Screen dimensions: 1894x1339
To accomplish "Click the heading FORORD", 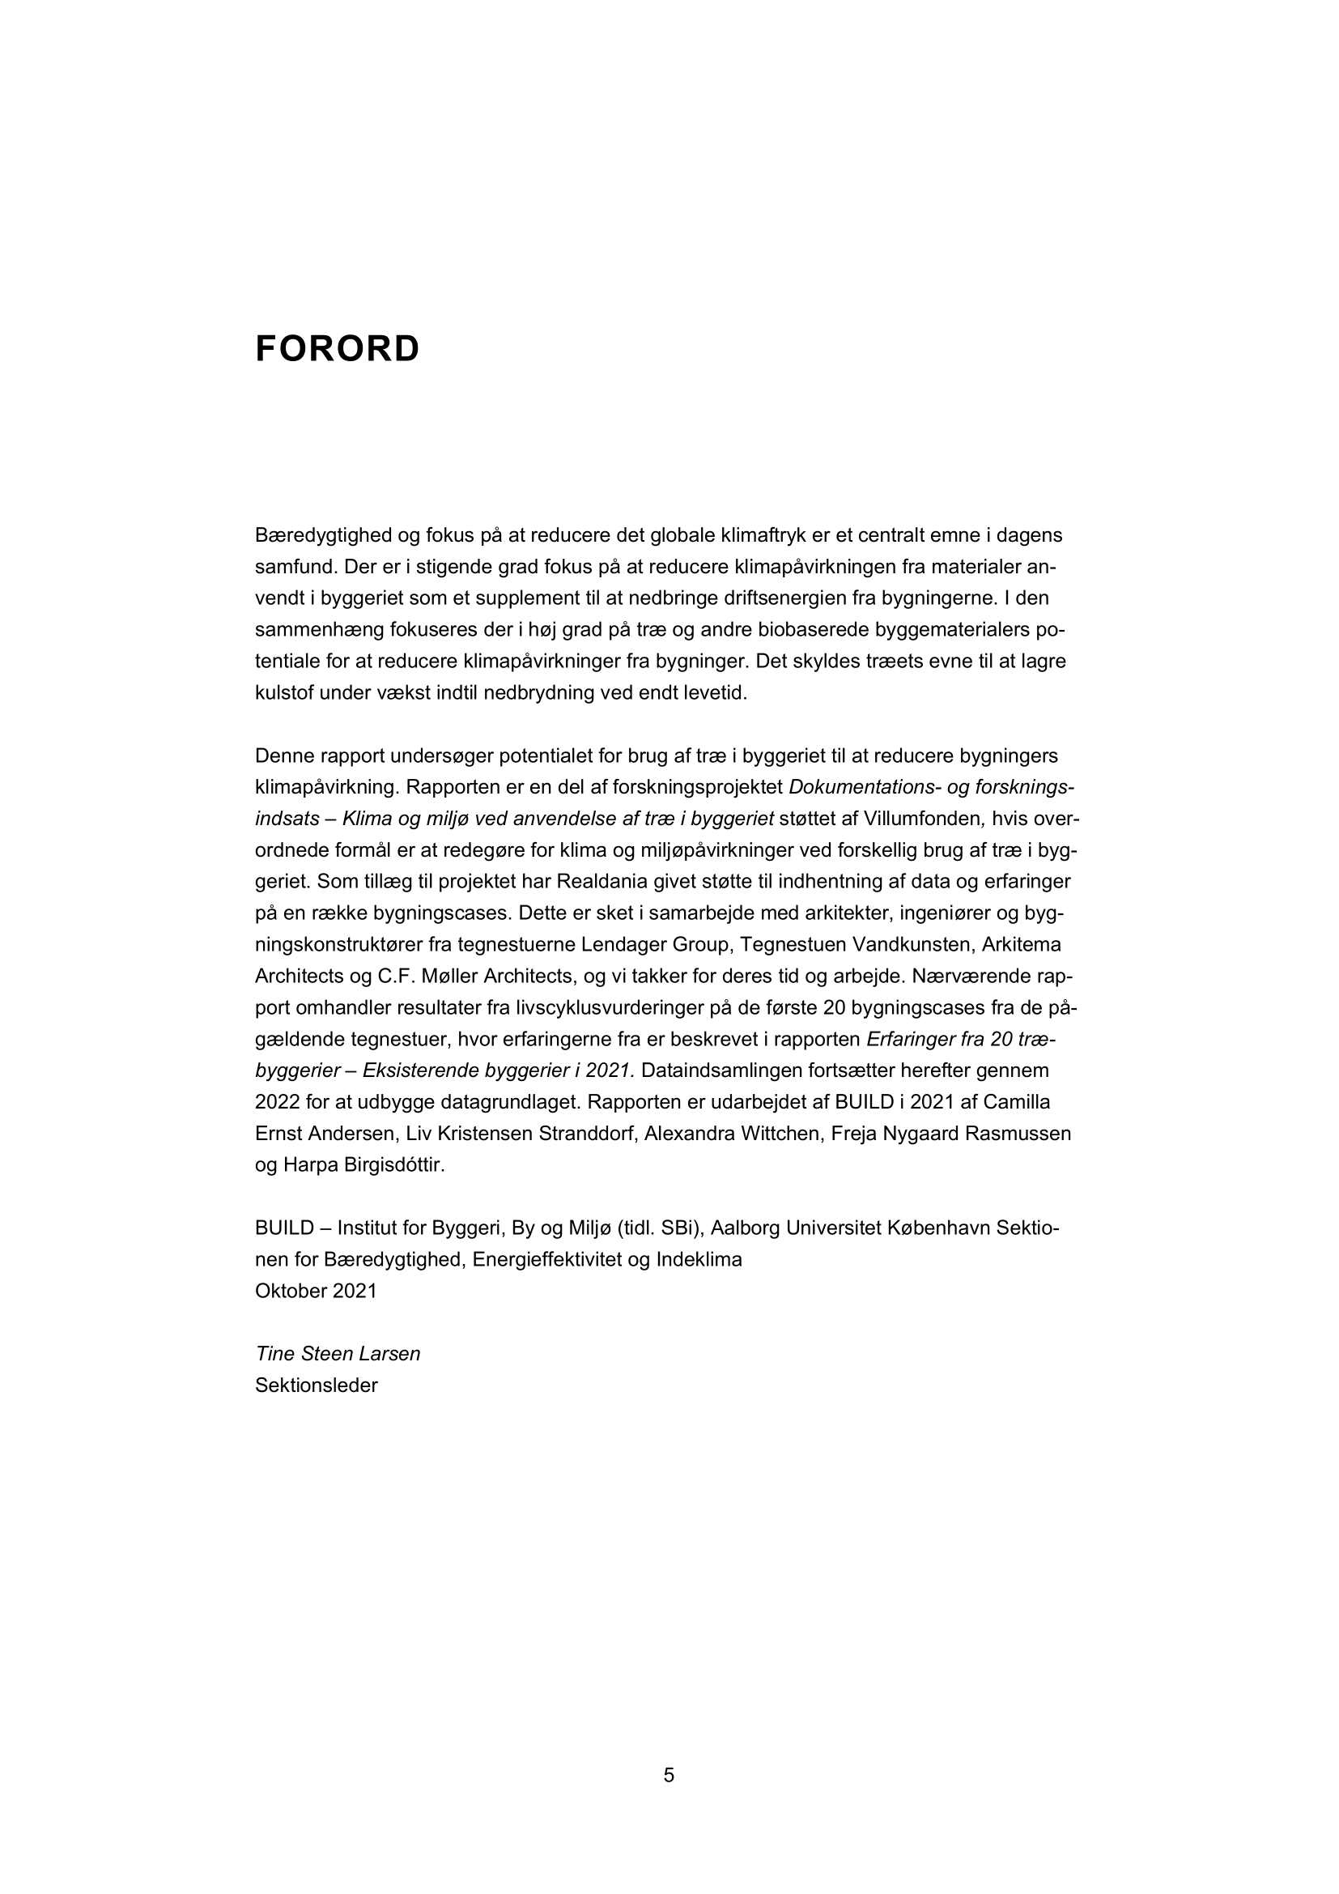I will (x=338, y=349).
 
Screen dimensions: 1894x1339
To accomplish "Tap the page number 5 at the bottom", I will (x=669, y=1775).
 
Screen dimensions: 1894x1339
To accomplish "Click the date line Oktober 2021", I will (x=316, y=1291).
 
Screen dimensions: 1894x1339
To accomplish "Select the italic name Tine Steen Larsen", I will (x=338, y=1354).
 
